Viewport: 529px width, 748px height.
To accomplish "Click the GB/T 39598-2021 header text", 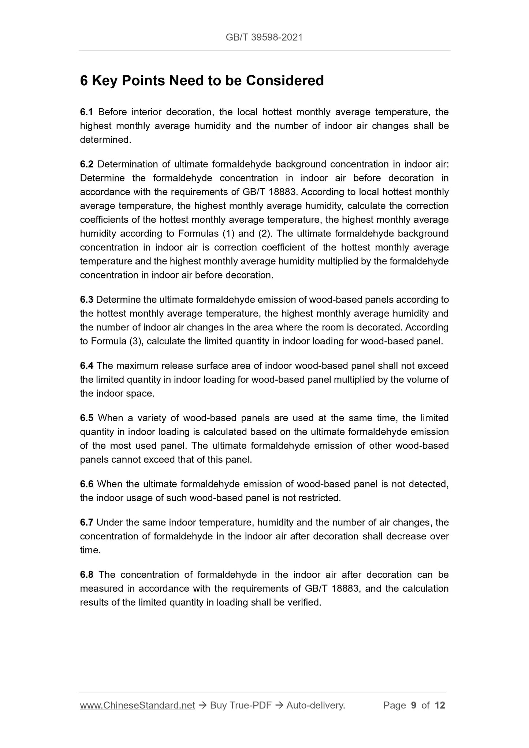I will tap(264, 37).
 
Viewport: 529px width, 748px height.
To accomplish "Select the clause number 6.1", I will tap(87, 112).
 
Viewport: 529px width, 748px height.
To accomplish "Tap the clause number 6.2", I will tap(87, 164).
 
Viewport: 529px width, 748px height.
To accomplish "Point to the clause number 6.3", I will tap(87, 300).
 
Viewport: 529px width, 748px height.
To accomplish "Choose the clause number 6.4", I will tap(87, 366).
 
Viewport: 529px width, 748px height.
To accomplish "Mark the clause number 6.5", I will tap(87, 418).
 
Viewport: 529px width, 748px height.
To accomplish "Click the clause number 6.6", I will tap(87, 484).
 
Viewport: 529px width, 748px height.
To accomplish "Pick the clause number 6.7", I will tap(87, 522).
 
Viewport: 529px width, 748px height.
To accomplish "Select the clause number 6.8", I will tap(87, 575).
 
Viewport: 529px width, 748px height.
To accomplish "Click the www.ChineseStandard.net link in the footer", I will tap(137, 705).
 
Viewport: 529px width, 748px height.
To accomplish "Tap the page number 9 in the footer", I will tap(414, 705).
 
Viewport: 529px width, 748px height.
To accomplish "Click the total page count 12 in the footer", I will tap(440, 705).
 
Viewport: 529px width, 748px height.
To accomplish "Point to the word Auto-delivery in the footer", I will tap(315, 705).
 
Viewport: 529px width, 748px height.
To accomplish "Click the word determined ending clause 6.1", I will tap(105, 140).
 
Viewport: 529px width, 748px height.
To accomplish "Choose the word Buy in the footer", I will tap(218, 705).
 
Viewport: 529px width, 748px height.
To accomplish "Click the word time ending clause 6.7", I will tap(90, 550).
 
